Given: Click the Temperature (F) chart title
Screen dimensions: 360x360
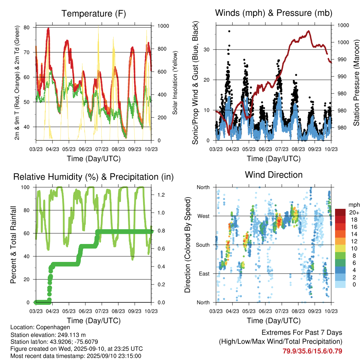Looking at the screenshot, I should coord(94,14).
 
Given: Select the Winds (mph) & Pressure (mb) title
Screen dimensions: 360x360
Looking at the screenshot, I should coord(274,13).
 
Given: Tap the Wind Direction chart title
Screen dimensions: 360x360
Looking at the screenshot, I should coord(274,175).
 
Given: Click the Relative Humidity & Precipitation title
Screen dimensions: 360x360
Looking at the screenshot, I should coord(93,177).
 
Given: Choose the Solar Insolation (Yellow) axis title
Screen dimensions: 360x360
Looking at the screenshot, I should coord(175,83).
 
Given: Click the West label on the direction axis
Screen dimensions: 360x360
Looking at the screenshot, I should coord(203,216).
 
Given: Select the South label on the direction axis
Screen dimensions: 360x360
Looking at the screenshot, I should coord(202,245).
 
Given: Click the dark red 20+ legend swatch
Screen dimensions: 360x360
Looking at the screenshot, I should coord(340,212).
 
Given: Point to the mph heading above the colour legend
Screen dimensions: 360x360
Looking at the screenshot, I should coord(354,205).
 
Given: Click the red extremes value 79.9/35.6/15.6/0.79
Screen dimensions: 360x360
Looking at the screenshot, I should coord(312,351).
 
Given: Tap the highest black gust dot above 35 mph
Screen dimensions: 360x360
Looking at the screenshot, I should coord(229,31).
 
